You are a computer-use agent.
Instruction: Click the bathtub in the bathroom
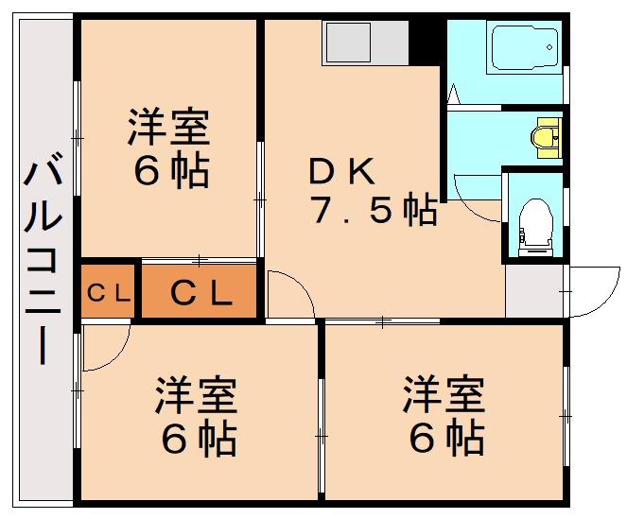coord(525,47)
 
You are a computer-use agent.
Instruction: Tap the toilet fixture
coord(535,227)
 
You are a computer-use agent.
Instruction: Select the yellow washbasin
coord(547,138)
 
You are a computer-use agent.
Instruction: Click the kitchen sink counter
coord(365,43)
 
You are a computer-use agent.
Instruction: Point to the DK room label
coord(342,171)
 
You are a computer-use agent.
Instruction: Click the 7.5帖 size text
coord(374,210)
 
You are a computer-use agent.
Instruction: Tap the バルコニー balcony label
coord(43,257)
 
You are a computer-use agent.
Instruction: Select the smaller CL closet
coord(108,290)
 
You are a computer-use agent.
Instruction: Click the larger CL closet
coord(200,291)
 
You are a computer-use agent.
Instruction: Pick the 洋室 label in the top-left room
coord(168,126)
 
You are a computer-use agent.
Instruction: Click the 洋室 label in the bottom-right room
coord(444,394)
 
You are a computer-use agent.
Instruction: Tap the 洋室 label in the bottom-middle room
coord(197,394)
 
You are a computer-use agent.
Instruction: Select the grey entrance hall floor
coord(534,290)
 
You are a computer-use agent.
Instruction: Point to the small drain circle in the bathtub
coord(549,47)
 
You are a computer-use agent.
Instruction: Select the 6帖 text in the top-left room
coord(171,172)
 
